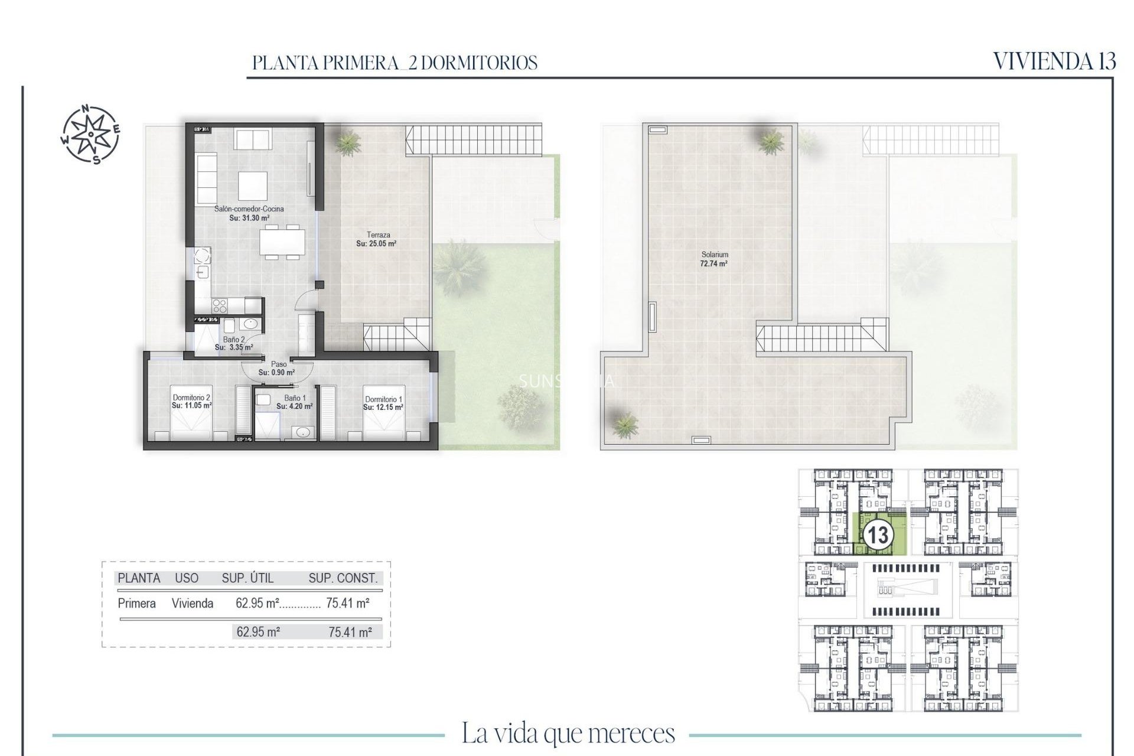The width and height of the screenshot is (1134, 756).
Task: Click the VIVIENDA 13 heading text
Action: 1054,61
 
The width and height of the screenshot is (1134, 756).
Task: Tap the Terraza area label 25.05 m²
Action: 376,239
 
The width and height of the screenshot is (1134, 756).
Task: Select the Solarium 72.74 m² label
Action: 713,259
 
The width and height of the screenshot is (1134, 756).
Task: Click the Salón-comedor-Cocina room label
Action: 249,213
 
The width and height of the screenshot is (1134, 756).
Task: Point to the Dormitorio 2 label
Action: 191,402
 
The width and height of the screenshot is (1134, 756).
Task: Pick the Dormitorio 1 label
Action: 383,403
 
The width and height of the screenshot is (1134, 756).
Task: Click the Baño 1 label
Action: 294,402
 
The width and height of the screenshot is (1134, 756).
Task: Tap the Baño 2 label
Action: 234,343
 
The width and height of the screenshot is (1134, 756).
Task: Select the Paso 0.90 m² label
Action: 276,369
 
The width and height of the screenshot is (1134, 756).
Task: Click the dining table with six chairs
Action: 282,241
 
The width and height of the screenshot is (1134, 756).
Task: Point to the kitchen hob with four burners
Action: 220,305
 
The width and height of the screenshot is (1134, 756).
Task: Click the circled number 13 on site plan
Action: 877,535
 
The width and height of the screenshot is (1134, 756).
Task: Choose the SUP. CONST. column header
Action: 343,578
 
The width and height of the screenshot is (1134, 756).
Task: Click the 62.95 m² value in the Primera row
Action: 257,604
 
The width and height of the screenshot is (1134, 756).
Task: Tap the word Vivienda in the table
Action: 193,604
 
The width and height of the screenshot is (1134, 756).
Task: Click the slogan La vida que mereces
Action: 568,734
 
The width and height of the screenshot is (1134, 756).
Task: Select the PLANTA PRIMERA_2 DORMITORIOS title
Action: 395,63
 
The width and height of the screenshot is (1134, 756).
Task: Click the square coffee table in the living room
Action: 253,186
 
